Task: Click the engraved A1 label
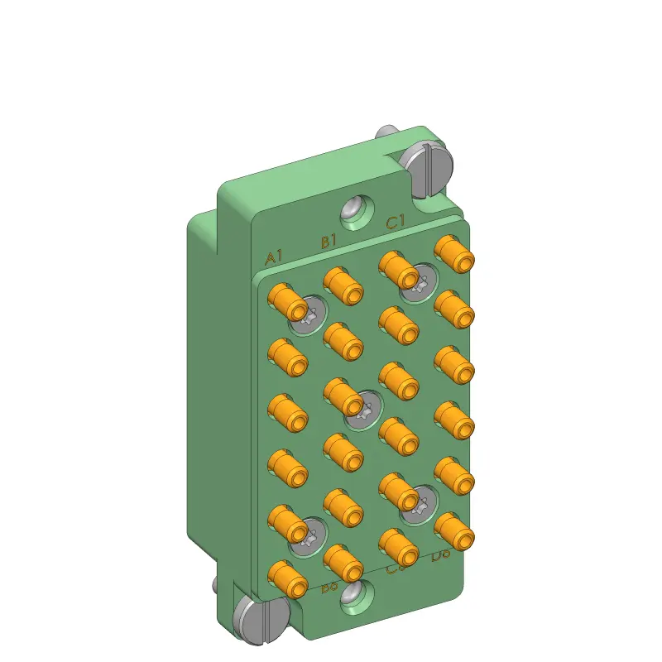274,257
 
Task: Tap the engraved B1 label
329,242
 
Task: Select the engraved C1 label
395,222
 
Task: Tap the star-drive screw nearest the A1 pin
309,316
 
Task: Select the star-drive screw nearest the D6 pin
420,504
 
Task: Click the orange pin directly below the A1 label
288,302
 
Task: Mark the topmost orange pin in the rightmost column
454,253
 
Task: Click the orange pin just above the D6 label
454,531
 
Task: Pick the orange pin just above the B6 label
343,563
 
